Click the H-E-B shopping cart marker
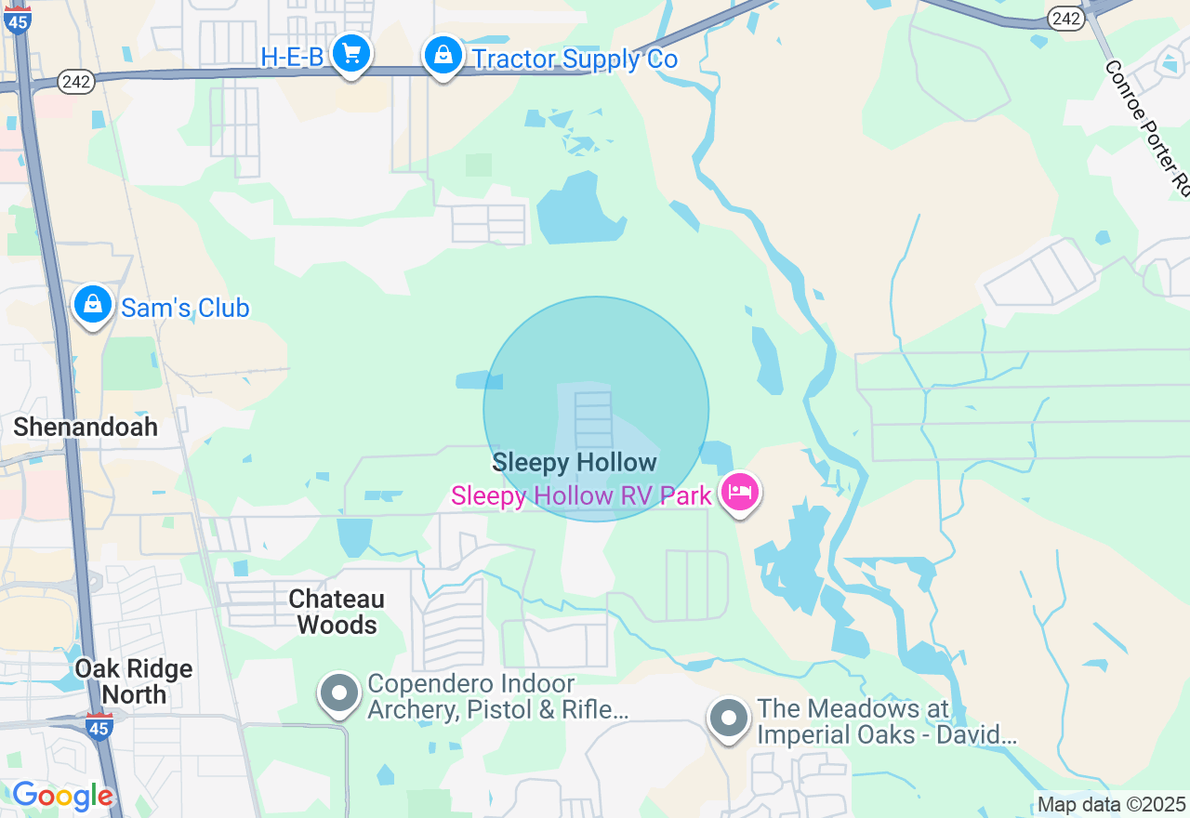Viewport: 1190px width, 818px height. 350,54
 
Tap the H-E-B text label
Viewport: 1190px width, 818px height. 292,58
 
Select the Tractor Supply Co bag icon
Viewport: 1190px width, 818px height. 444,56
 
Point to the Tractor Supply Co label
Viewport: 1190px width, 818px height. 575,59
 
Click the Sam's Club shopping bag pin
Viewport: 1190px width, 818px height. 93,304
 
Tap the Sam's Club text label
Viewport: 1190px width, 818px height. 185,309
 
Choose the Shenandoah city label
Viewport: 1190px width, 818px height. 86,427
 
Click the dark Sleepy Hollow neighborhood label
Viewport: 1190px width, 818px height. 575,462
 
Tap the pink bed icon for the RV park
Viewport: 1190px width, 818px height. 740,492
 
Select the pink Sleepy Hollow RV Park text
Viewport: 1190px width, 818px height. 581,495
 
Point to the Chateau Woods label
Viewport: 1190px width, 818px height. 337,612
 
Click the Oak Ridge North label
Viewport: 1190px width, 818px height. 134,681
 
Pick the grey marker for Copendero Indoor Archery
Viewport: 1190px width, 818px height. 339,693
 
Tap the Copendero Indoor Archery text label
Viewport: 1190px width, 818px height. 497,697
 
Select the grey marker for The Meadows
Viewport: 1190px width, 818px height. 729,718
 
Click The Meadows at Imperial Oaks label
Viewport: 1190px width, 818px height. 887,721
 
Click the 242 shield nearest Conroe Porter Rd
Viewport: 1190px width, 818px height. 1065,18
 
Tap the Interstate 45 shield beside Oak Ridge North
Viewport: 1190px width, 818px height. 99,726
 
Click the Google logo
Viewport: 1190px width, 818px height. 62,796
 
